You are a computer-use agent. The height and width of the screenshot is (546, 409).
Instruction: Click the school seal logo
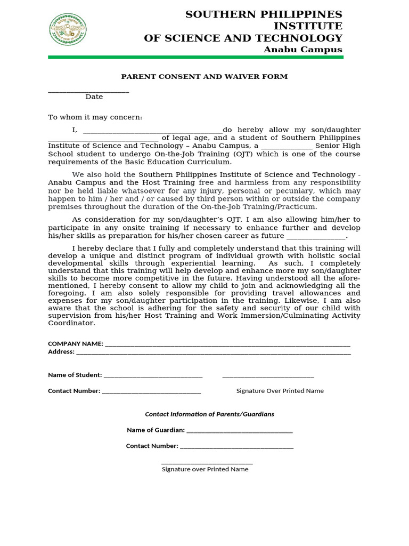click(68, 29)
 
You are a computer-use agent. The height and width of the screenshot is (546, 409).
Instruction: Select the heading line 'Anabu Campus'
click(302, 50)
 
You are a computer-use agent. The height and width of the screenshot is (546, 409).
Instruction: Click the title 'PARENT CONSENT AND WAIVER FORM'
click(204, 76)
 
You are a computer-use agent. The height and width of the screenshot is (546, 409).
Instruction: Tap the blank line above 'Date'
click(88, 92)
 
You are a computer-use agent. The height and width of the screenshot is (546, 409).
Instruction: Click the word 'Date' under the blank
click(94, 97)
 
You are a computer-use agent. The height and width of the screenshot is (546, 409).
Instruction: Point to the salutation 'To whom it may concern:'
click(95, 117)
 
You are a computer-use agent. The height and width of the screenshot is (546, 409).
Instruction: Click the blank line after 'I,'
click(153, 131)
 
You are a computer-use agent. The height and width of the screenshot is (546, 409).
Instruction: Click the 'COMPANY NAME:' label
click(76, 344)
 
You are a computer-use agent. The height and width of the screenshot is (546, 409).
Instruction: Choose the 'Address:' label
click(61, 352)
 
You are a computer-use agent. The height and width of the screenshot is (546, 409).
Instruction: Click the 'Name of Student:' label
click(75, 375)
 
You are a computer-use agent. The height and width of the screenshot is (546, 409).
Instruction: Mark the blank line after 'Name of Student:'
click(153, 376)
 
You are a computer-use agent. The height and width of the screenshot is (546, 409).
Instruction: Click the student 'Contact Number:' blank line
click(151, 392)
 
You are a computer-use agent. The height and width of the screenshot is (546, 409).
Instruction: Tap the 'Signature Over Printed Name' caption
click(280, 391)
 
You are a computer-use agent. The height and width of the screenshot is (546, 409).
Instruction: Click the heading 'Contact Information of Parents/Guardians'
click(210, 414)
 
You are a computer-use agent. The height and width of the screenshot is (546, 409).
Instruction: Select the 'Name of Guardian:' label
click(156, 430)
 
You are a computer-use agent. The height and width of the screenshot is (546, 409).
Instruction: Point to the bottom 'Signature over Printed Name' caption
click(205, 469)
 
